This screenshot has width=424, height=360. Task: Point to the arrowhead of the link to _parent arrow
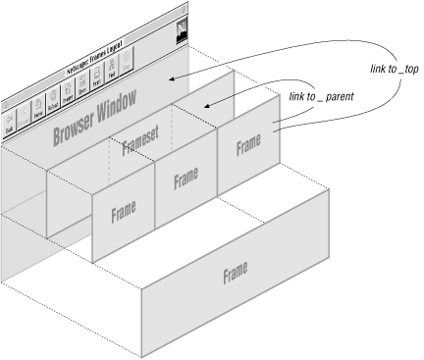click(x=202, y=109)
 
